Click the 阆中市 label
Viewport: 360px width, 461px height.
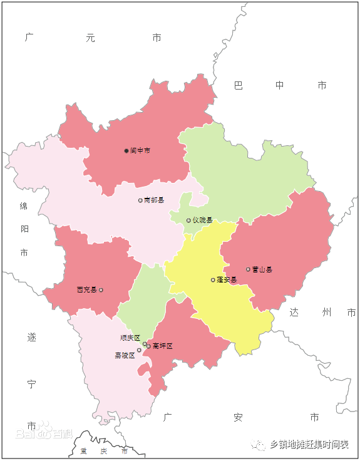pyautogui.click(x=140, y=151)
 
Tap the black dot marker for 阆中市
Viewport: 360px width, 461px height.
pyautogui.click(x=126, y=151)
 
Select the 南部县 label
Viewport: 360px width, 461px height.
pyautogui.click(x=154, y=200)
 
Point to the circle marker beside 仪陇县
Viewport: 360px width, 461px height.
pyautogui.click(x=188, y=220)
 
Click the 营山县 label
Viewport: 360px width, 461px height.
pyautogui.click(x=262, y=269)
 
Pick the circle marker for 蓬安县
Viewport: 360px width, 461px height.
pyautogui.click(x=213, y=280)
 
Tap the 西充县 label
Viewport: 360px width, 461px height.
pyautogui.click(x=86, y=290)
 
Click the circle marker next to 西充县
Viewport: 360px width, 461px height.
pyautogui.click(x=101, y=290)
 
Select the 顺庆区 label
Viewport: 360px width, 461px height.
pyautogui.click(x=130, y=338)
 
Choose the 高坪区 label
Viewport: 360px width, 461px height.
pyautogui.click(x=162, y=346)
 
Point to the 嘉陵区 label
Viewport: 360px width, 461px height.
pyautogui.click(x=125, y=355)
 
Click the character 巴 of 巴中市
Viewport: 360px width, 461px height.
pyautogui.click(x=239, y=85)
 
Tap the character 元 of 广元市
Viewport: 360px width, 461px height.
pyautogui.click(x=91, y=38)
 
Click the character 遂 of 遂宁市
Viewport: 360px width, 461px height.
pyautogui.click(x=32, y=337)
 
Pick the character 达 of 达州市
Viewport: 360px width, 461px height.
pyautogui.click(x=295, y=312)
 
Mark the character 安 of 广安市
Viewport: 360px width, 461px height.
pyautogui.click(x=238, y=417)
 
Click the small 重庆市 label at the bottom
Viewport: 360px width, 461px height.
pyautogui.click(x=104, y=451)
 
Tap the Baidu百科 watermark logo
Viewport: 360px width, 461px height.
pyautogui.click(x=44, y=433)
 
